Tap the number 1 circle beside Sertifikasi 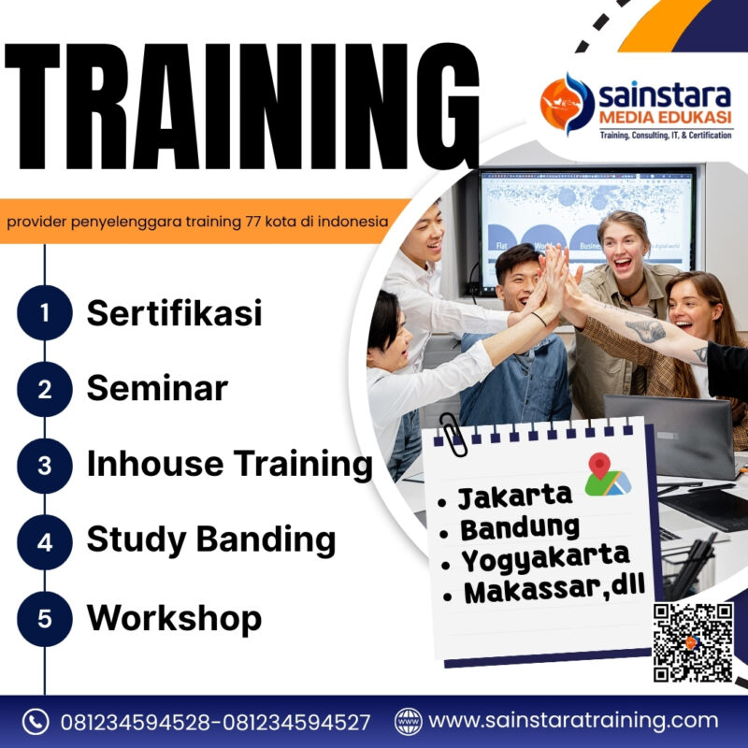(44, 313)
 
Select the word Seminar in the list (157, 388)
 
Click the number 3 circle (44, 465)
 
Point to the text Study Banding (211, 539)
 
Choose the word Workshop (174, 617)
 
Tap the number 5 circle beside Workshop (44, 618)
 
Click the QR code (693, 642)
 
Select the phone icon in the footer (35, 722)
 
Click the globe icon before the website (409, 722)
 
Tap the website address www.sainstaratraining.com (574, 721)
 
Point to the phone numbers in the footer (215, 722)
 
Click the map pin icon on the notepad (606, 474)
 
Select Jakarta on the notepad (515, 496)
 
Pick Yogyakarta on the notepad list (545, 558)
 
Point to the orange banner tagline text (196, 223)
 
